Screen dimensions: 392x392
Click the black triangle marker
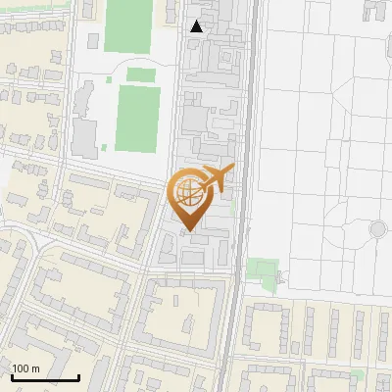[x=197, y=26]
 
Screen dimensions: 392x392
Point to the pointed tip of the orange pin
[x=187, y=231]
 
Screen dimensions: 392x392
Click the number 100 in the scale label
[x=22, y=368]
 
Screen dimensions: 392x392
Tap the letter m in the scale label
[x=36, y=368]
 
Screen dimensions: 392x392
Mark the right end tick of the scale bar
[x=78, y=376]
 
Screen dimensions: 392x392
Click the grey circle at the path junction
[x=377, y=229]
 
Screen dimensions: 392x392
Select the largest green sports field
[x=137, y=118]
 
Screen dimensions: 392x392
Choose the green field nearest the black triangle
[x=128, y=24]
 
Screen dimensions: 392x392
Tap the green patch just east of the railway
[x=261, y=269]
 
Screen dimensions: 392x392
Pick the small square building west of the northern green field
[x=93, y=41]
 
